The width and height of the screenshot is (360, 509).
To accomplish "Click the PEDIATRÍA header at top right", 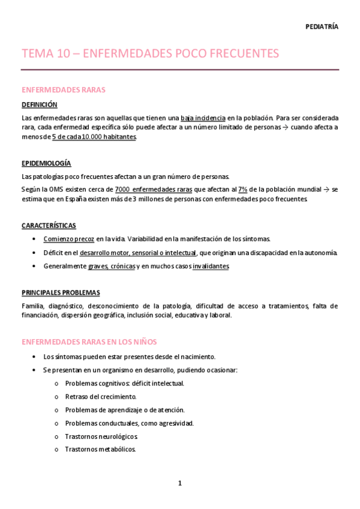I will (322, 27).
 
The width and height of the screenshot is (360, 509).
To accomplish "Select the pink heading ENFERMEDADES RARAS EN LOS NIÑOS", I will (89, 342).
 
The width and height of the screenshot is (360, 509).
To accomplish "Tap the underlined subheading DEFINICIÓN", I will (39, 104).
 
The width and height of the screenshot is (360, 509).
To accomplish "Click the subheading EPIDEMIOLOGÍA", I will (46, 163).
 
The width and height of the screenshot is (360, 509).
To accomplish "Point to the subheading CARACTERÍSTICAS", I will (49, 226).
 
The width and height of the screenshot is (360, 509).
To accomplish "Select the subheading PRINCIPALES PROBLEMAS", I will (61, 292).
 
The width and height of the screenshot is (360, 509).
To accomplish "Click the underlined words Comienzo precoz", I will (68, 238).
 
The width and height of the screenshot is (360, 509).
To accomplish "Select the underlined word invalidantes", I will (211, 266).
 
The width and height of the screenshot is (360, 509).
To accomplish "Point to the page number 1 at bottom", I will (179, 483).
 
